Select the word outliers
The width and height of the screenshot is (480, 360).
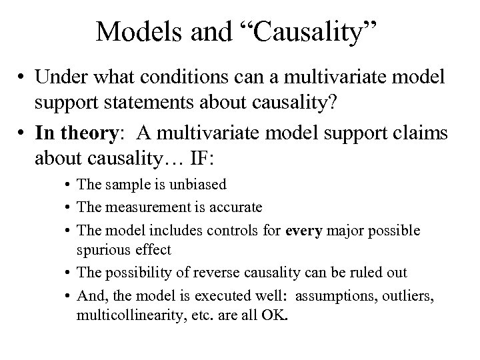click(x=406, y=295)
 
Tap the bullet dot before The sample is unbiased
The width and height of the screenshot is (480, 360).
click(x=69, y=184)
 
